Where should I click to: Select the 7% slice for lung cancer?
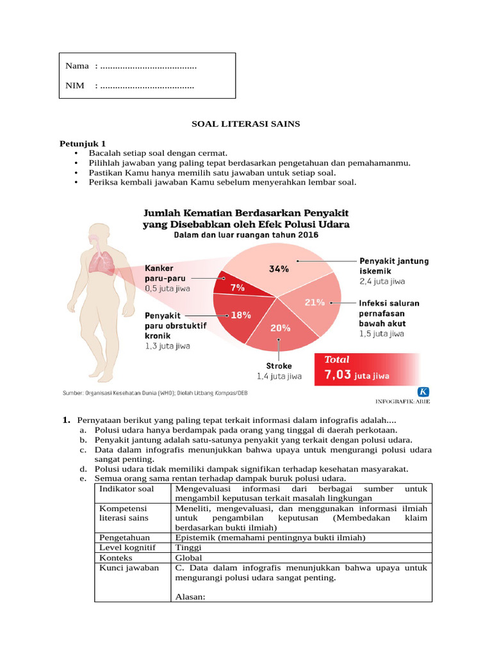click(x=236, y=286)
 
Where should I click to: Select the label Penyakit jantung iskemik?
click(x=393, y=266)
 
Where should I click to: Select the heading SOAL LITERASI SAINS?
click(x=246, y=124)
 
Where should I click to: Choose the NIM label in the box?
click(x=75, y=86)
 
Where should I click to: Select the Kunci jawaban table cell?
click(x=128, y=568)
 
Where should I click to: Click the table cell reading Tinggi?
click(x=188, y=548)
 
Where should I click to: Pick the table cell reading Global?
click(x=187, y=557)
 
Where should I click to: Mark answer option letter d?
click(x=83, y=469)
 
